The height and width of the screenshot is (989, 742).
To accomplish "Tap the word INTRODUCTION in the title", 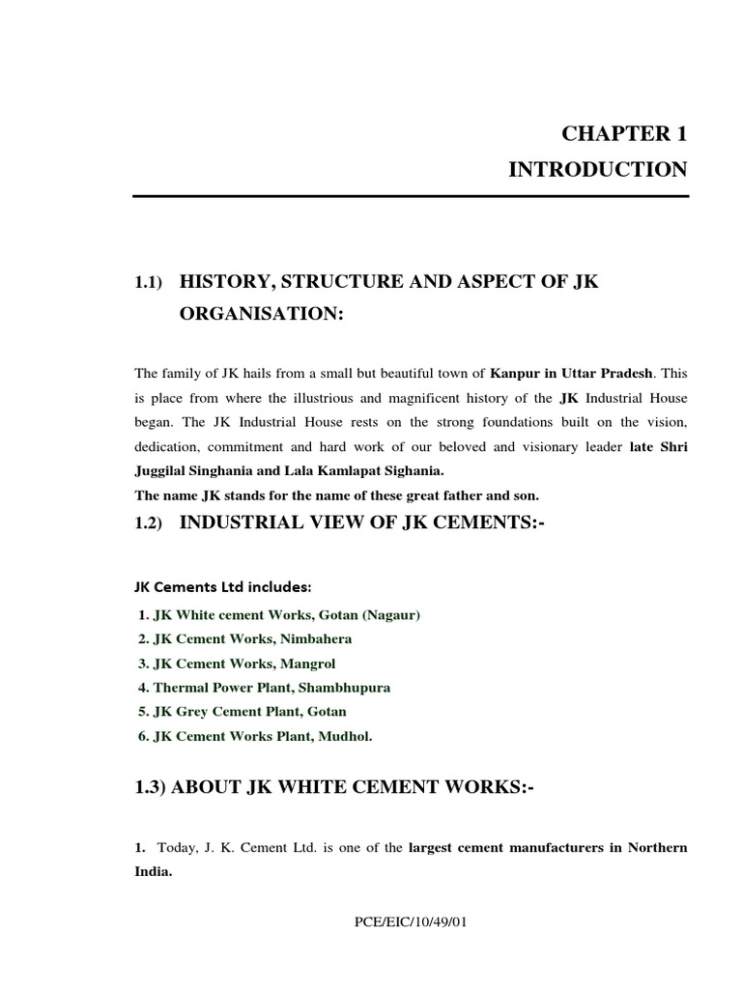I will [598, 170].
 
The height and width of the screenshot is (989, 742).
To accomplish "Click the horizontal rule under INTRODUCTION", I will [411, 197].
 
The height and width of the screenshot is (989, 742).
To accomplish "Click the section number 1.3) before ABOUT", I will [151, 788].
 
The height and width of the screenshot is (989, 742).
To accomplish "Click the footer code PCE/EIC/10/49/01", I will [411, 922].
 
